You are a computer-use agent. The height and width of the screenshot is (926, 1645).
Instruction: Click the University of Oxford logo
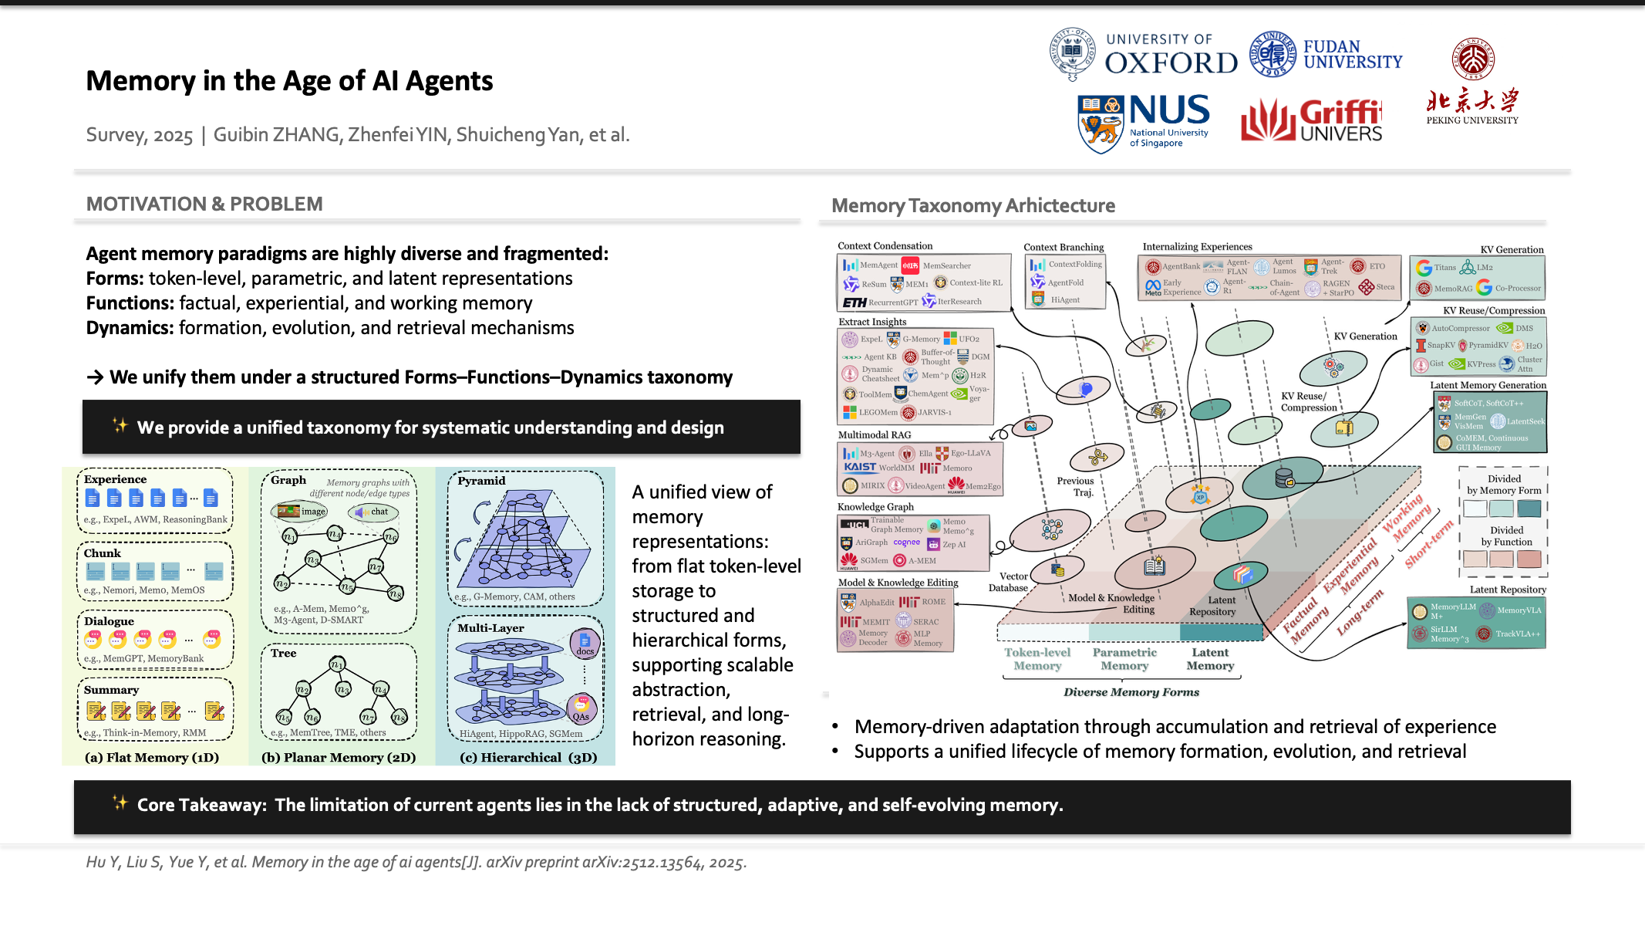coord(1143,54)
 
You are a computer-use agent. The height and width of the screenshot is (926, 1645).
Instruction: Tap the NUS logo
coord(1144,122)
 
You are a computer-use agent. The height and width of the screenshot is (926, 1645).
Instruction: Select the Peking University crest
coord(1473,59)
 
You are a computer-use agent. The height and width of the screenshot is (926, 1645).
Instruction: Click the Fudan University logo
coord(1326,54)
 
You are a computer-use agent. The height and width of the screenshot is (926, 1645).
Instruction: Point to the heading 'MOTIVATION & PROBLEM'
coord(204,204)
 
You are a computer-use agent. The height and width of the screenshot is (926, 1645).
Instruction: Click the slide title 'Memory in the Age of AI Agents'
coord(289,81)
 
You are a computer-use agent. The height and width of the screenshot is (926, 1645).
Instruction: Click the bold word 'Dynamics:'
coord(130,328)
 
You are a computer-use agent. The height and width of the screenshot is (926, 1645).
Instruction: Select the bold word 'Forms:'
coord(115,279)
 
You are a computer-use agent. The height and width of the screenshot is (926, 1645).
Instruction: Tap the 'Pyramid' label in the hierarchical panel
coord(481,481)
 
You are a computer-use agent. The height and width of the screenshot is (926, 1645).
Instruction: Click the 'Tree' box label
coord(283,653)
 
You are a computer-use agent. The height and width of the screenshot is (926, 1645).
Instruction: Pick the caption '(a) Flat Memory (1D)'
coord(152,758)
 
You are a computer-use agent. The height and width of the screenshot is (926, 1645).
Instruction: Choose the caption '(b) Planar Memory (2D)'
coord(339,758)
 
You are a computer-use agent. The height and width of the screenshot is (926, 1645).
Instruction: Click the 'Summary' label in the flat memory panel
coord(112,690)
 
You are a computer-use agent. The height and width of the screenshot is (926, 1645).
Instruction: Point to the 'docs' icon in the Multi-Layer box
coord(585,643)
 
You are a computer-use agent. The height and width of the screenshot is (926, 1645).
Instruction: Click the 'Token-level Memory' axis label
coord(1037,659)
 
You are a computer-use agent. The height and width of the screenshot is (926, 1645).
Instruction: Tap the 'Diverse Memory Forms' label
coord(1131,692)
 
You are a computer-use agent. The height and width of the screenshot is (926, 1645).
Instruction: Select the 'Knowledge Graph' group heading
coord(875,507)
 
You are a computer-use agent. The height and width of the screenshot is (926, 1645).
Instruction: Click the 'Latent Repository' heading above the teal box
coord(1508,590)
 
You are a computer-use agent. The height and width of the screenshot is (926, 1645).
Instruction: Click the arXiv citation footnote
coord(416,862)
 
